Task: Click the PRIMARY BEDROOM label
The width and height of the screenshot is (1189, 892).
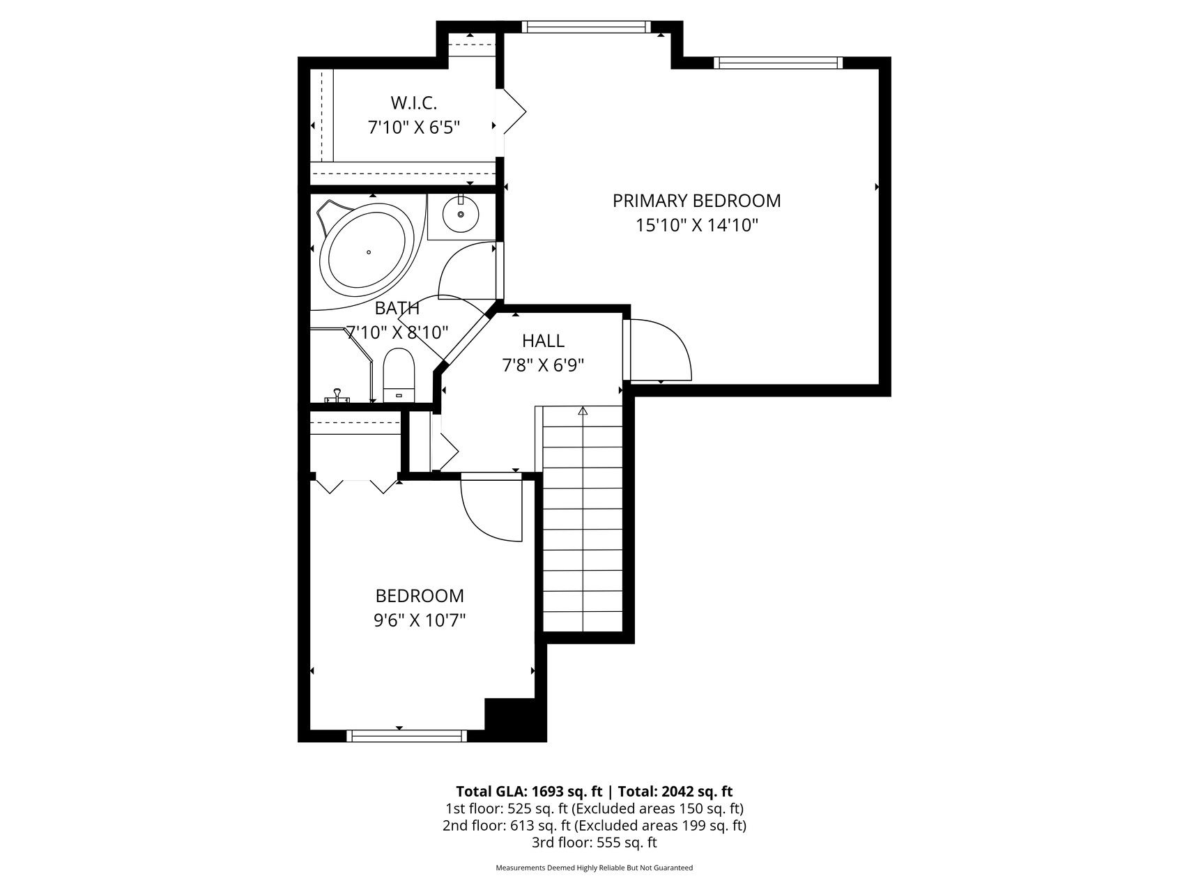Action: (x=696, y=201)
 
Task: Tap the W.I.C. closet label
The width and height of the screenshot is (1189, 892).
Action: (x=413, y=103)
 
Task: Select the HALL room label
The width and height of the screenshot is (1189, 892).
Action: (x=543, y=341)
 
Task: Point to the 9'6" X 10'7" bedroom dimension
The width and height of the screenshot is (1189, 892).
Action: (x=420, y=620)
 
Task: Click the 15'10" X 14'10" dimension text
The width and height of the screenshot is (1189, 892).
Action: (x=696, y=225)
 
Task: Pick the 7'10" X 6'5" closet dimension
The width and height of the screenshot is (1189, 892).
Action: (x=414, y=128)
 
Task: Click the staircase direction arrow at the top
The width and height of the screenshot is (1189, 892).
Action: (x=583, y=411)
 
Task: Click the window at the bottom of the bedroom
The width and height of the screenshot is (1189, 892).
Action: (x=406, y=736)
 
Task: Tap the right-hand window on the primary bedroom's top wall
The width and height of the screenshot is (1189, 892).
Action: (x=778, y=63)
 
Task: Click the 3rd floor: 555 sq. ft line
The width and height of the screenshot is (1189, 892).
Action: (x=594, y=843)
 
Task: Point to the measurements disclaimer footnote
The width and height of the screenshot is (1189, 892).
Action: (x=594, y=868)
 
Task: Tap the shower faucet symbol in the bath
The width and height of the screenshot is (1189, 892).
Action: (x=337, y=396)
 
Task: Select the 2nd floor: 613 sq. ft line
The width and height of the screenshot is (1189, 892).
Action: (x=594, y=826)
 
